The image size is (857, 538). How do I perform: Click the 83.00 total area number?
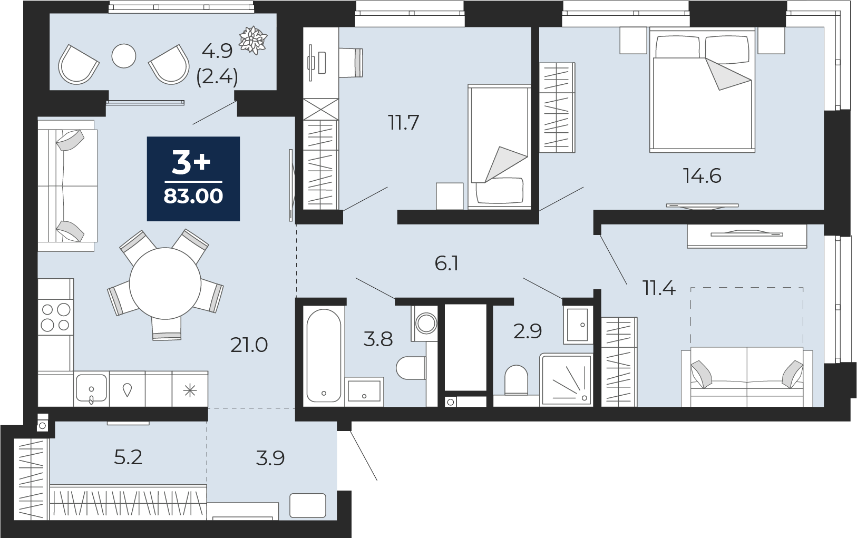[x=193, y=196]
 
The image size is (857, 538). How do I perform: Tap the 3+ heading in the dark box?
[x=191, y=162]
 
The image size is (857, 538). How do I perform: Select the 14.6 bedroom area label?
[x=702, y=177]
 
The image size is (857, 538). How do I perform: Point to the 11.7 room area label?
[x=404, y=122]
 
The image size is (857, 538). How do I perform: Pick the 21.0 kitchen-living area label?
[x=249, y=345]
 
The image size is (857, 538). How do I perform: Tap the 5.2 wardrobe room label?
[x=128, y=457]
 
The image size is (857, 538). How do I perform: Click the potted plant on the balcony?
[x=253, y=40]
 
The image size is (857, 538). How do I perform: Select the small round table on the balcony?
[x=124, y=56]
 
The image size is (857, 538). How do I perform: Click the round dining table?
[x=165, y=283]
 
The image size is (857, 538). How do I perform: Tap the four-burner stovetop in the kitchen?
[x=55, y=317]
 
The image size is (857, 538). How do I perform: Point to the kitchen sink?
[x=91, y=389]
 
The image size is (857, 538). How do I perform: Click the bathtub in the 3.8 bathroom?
[x=324, y=356]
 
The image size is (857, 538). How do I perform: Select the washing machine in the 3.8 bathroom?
[x=425, y=323]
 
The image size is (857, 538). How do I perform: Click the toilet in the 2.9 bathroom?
[x=516, y=380]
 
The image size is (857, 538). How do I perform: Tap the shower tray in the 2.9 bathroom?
[x=566, y=379]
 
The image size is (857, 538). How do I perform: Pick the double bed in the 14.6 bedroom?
[x=703, y=90]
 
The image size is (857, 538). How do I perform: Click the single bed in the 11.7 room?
[x=499, y=147]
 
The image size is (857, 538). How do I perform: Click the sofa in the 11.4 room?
[x=747, y=377]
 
